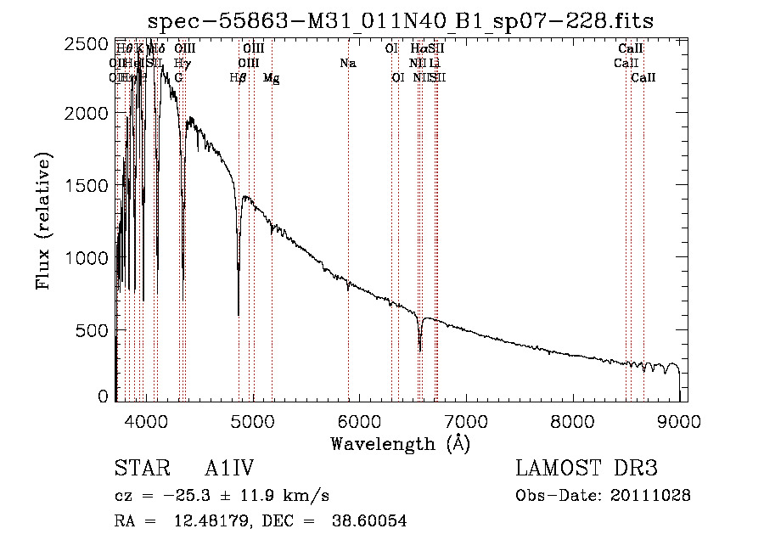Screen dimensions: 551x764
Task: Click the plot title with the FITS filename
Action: click(x=400, y=20)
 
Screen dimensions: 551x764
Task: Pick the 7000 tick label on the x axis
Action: click(x=466, y=420)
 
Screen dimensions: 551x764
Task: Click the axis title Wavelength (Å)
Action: click(x=400, y=443)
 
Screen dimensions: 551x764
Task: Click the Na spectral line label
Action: click(x=347, y=64)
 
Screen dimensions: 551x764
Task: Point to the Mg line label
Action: click(x=271, y=78)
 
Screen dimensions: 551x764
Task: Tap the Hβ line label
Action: click(x=238, y=78)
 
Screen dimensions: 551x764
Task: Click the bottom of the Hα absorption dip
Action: click(x=419, y=350)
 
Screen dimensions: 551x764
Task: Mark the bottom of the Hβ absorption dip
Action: click(x=239, y=314)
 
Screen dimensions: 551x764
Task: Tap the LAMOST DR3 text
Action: click(x=587, y=469)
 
